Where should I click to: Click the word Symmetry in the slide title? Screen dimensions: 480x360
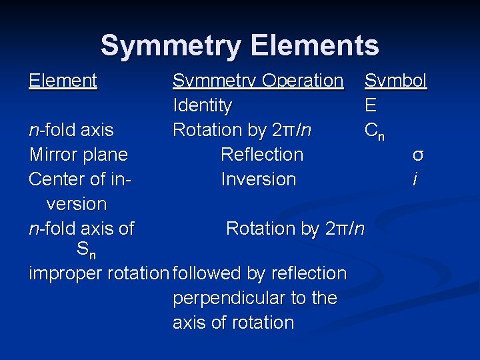[172, 46]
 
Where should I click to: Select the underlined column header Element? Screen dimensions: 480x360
[63, 81]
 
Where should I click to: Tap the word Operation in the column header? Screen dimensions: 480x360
[303, 81]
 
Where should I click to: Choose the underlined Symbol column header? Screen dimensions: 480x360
[395, 81]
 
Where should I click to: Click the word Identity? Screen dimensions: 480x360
[202, 105]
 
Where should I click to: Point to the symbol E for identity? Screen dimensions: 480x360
[371, 105]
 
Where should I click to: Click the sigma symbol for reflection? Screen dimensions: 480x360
[418, 155]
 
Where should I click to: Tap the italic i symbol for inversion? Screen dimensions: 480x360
[415, 179]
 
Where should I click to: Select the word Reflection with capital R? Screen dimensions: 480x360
[261, 155]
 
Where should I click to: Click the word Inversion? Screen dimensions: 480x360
[258, 179]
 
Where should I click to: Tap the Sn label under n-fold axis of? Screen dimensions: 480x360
[86, 251]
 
